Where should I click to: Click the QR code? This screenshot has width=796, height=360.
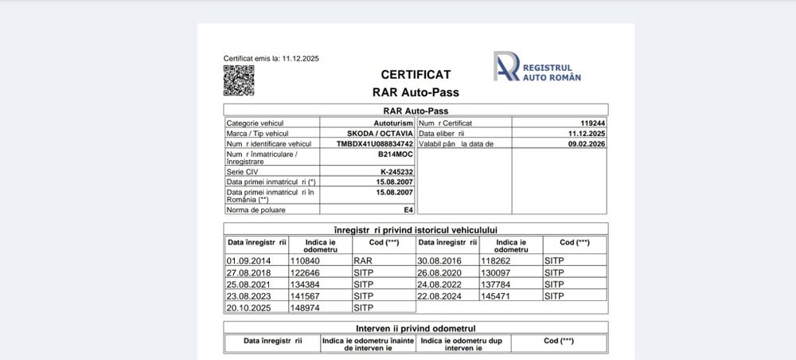[x=239, y=80]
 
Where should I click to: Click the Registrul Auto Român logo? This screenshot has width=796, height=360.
[x=537, y=67]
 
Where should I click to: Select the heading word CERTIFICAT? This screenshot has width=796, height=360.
[x=416, y=74]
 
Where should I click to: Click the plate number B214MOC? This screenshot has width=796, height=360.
[x=396, y=155]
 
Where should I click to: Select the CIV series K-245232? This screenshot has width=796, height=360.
[x=396, y=172]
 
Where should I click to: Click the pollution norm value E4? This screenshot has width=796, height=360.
[x=408, y=209]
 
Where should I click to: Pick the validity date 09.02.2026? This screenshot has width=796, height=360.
[x=587, y=144]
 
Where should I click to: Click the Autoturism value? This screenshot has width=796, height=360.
[x=393, y=123]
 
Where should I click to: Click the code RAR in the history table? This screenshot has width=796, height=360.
[x=362, y=260]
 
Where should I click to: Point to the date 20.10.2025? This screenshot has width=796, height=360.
[x=249, y=307]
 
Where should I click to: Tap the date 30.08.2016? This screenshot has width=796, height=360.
[x=440, y=260]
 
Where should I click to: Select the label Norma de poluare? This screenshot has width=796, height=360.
[x=256, y=209]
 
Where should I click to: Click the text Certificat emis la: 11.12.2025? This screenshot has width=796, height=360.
[x=271, y=59]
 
